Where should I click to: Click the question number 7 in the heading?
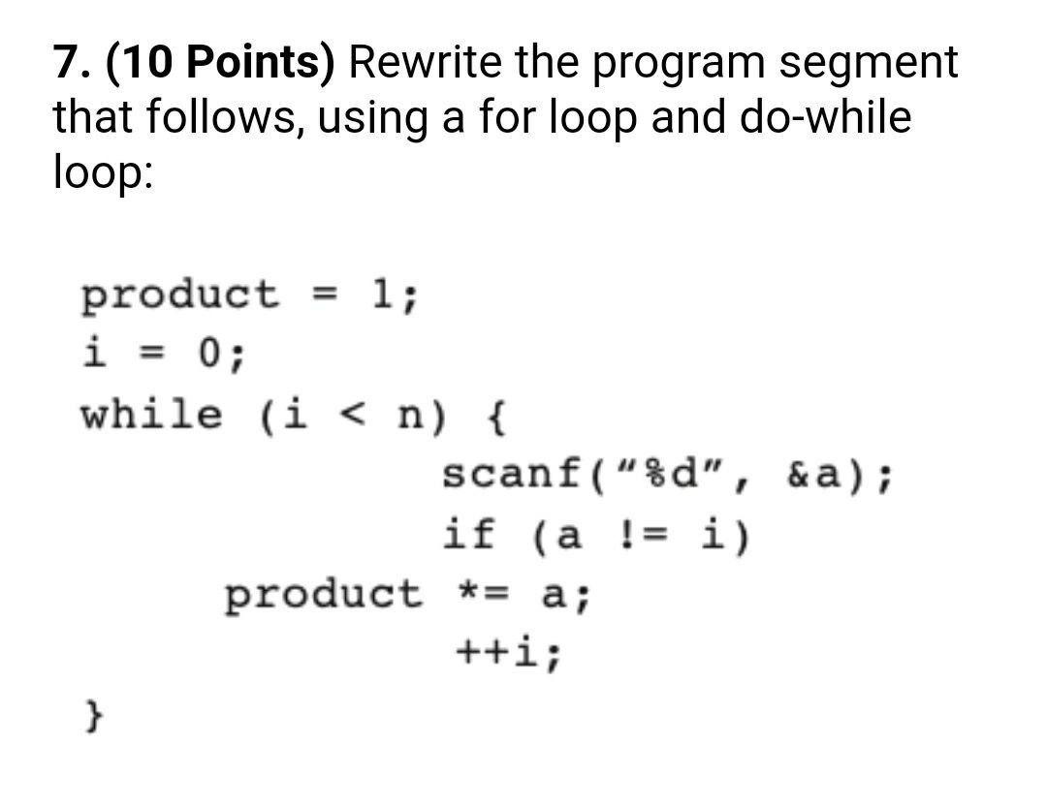point(67,63)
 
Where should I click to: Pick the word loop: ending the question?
point(102,174)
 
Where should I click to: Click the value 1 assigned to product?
point(382,293)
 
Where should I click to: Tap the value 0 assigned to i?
point(209,354)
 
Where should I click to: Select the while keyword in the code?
point(151,415)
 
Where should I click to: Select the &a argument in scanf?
point(808,476)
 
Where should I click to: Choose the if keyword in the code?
point(470,534)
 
